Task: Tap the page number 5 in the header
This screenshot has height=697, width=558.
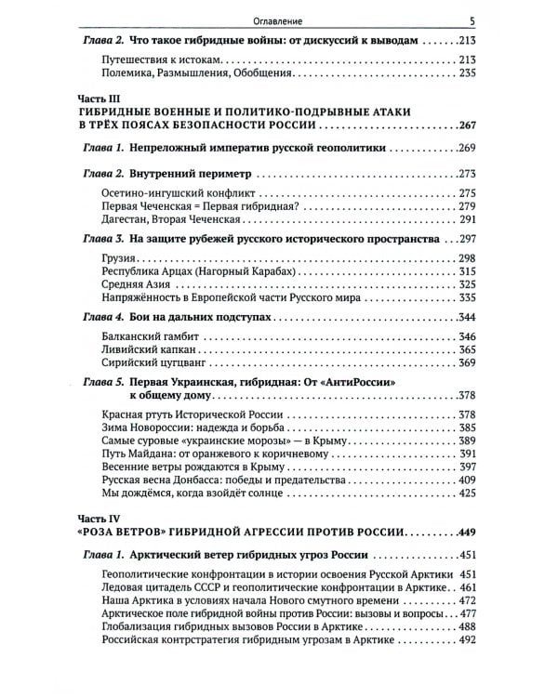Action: [472, 20]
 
